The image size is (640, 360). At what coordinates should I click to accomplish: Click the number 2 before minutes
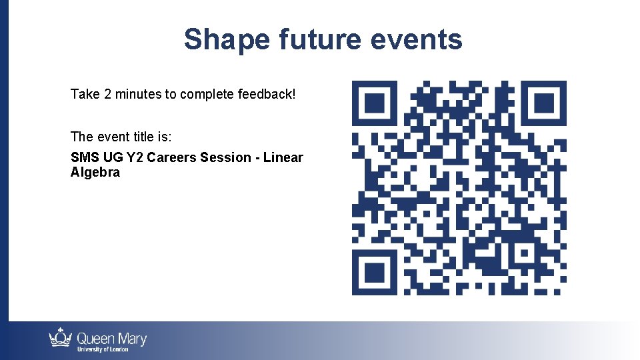(x=107, y=94)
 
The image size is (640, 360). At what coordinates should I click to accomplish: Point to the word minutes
(x=138, y=94)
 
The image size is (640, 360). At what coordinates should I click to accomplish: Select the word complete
(x=207, y=94)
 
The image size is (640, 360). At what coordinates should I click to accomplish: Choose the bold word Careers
(x=171, y=158)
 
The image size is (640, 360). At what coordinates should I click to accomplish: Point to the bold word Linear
(x=283, y=158)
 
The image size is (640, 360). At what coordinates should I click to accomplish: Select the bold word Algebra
(x=95, y=173)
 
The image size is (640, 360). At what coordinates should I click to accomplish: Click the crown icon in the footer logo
(x=61, y=338)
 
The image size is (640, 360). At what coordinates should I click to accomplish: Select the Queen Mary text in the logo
(x=112, y=339)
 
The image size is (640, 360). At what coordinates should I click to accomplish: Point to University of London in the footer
(x=103, y=350)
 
